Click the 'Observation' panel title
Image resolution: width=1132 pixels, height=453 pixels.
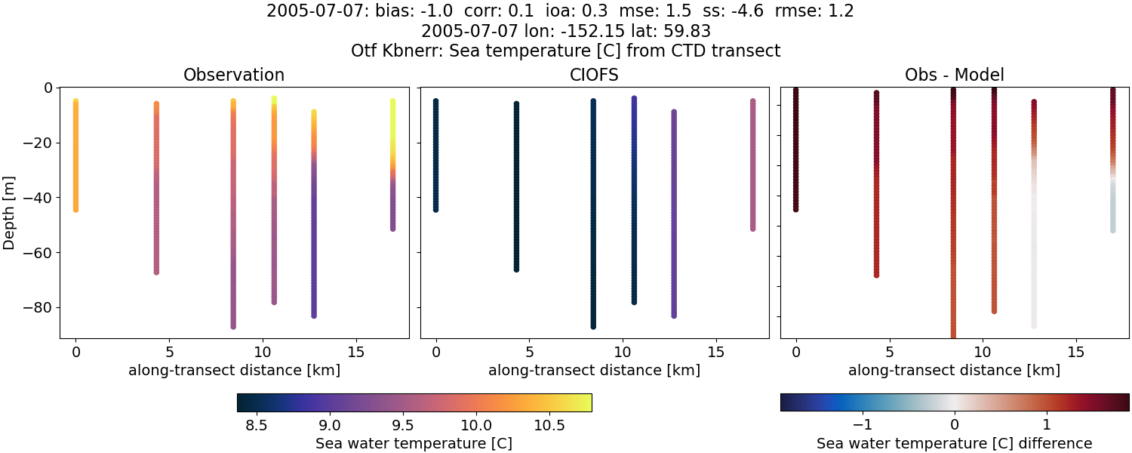coord(234,75)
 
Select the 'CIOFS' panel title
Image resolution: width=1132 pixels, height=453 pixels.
coord(594,75)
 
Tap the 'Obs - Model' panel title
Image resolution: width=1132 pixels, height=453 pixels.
coord(954,75)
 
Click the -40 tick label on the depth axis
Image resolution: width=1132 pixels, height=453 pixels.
coord(35,198)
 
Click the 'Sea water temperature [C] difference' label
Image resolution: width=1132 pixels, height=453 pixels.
coord(954,443)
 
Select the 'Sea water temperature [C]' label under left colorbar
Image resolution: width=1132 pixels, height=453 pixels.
coord(414,443)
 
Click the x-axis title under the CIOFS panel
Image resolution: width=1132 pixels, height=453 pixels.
coord(594,371)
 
